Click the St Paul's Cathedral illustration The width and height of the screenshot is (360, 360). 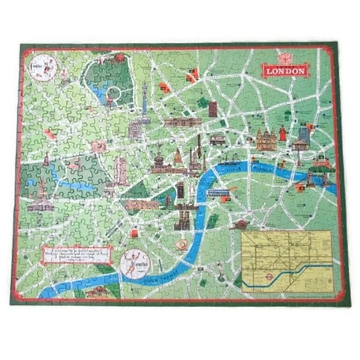click(266, 139)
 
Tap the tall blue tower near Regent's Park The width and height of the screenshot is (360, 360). click(144, 98)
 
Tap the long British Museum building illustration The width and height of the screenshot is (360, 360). click(183, 122)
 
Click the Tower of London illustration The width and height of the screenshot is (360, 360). click(323, 164)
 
